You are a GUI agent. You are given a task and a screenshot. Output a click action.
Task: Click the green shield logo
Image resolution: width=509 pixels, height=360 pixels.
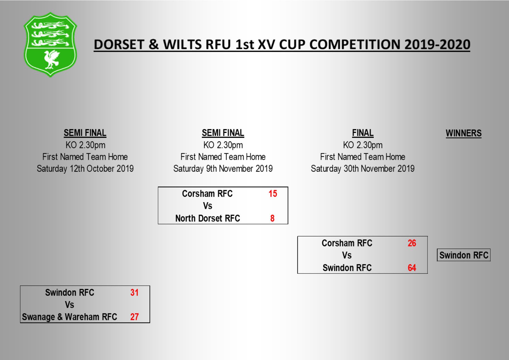tap(50, 44)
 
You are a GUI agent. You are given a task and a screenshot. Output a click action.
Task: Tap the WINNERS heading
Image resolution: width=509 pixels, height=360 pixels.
tap(463, 133)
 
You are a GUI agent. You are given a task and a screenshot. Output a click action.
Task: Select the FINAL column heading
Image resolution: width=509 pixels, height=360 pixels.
tap(362, 133)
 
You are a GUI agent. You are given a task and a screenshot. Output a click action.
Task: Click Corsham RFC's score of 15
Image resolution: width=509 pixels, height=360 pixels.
tap(272, 194)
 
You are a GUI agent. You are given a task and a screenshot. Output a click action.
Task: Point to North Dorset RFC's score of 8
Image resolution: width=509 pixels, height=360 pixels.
tap(272, 218)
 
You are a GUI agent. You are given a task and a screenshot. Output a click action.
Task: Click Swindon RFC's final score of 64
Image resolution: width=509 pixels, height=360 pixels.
tap(411, 268)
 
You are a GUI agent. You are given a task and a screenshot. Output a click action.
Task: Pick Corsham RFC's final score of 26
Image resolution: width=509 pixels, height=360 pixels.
tap(411, 243)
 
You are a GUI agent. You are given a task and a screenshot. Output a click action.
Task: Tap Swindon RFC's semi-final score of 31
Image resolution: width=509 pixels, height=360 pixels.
tap(134, 292)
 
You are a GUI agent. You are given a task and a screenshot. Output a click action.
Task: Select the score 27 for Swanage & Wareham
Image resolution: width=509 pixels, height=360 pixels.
tap(134, 317)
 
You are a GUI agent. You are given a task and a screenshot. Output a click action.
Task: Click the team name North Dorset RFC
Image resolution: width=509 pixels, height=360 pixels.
tap(207, 218)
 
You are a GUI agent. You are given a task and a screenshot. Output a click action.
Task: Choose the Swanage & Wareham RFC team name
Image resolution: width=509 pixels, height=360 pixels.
tap(69, 317)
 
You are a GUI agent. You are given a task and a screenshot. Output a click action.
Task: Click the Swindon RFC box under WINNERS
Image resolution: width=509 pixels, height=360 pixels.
tap(463, 255)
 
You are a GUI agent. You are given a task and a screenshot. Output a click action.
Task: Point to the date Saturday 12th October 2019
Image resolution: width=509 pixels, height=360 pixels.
tap(85, 169)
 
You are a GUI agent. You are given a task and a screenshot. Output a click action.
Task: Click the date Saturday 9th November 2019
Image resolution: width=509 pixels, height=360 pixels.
tap(223, 169)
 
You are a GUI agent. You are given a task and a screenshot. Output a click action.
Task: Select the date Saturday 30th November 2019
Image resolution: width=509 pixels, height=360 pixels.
tap(362, 169)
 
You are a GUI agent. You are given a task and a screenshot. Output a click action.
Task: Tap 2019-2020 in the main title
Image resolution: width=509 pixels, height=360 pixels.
tap(437, 45)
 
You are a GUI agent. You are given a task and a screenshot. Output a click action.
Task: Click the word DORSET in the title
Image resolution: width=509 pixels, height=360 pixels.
tap(119, 45)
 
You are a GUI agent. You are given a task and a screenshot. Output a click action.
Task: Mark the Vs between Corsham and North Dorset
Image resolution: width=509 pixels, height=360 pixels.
tap(207, 206)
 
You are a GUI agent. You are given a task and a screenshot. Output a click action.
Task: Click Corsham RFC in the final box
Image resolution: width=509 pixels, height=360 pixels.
tap(347, 243)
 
